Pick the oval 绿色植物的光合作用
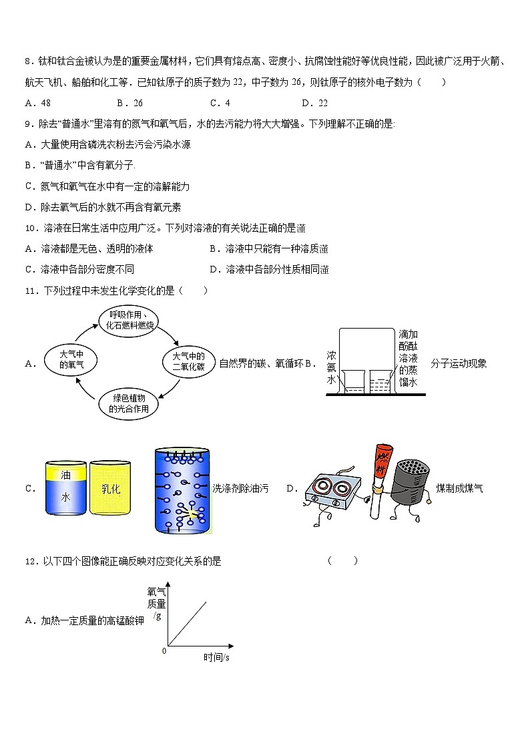click(130, 403)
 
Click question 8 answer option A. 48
click(38, 103)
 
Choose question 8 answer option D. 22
click(314, 103)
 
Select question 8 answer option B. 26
click(130, 103)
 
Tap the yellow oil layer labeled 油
click(65, 476)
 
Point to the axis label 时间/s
click(216, 657)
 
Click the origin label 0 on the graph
click(164, 650)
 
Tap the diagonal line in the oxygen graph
click(188, 623)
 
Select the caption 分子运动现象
click(459, 363)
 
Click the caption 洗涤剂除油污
click(240, 488)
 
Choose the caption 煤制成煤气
click(459, 488)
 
